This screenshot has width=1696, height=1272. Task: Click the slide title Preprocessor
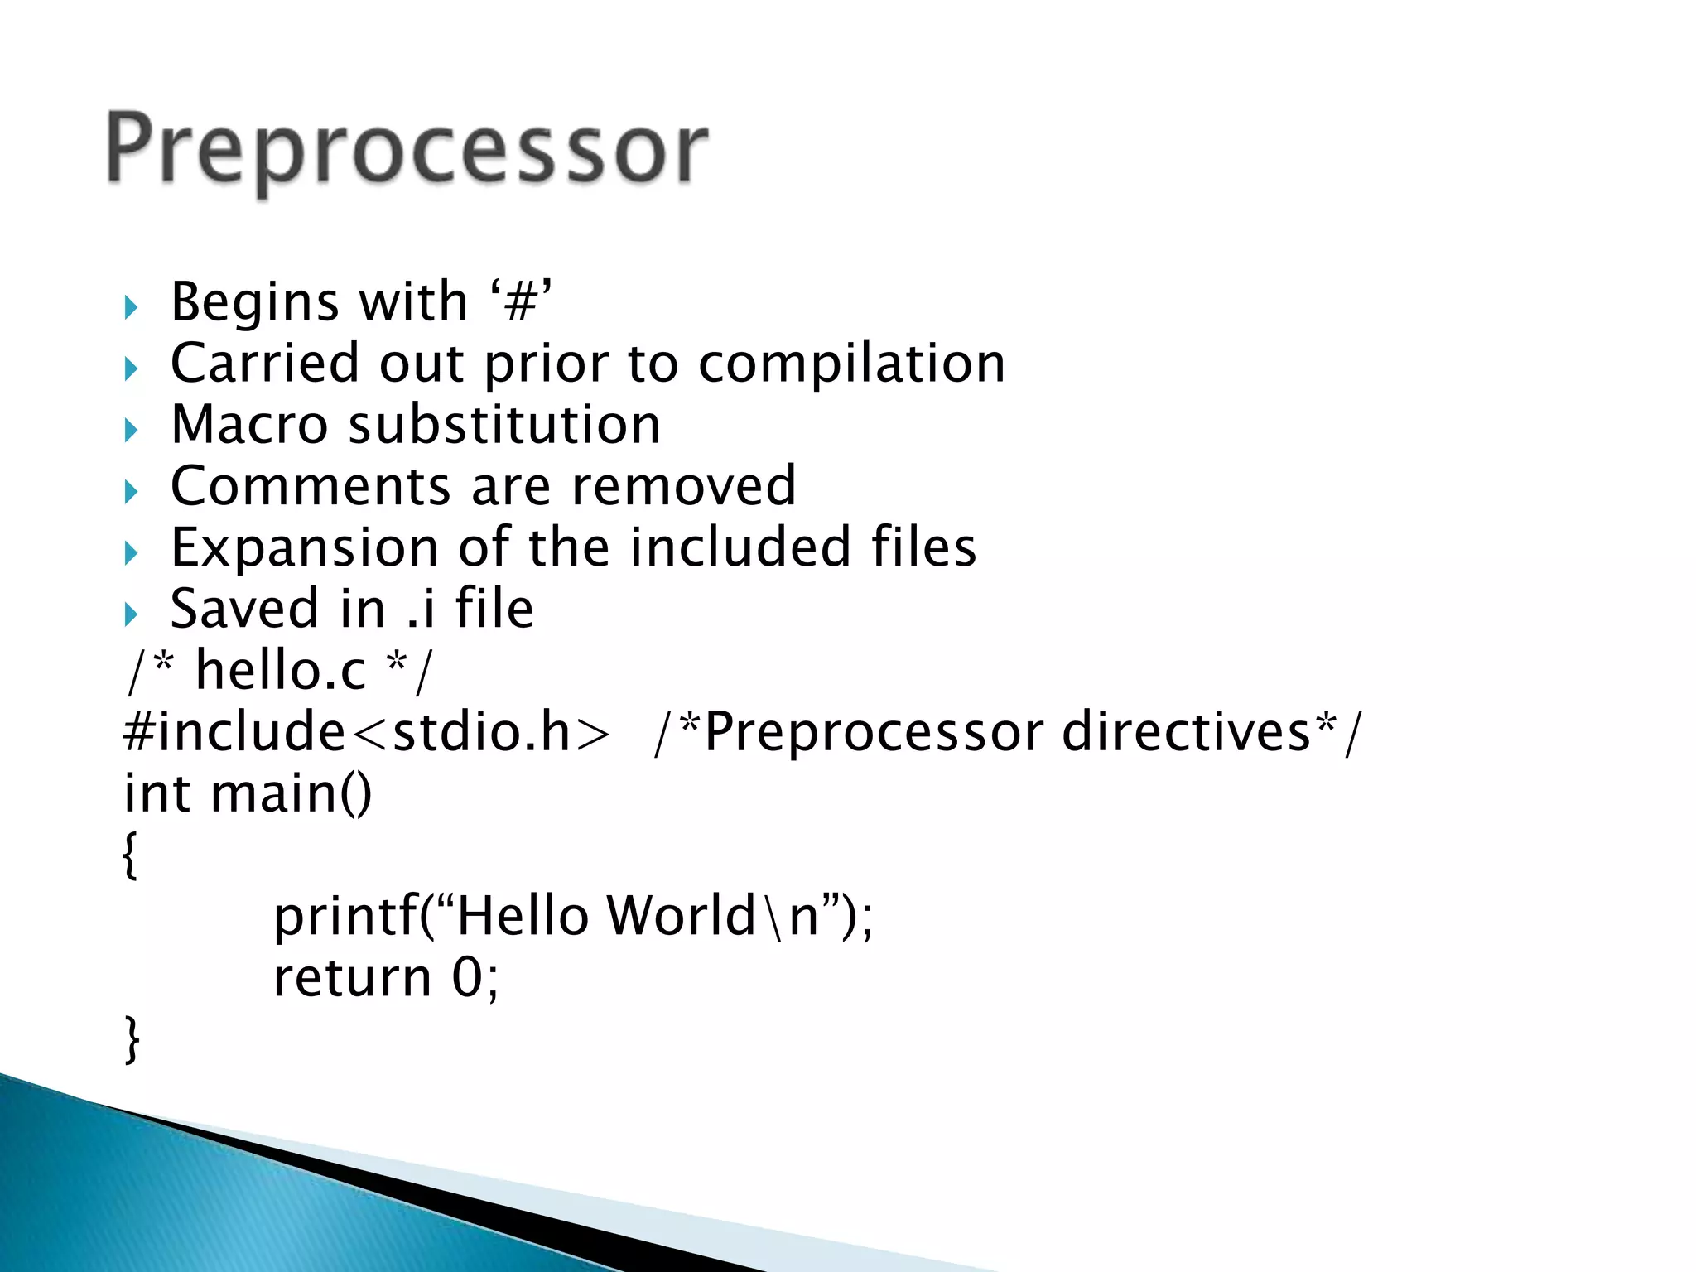point(407,150)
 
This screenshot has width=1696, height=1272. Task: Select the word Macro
point(249,425)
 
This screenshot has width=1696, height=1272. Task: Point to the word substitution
point(504,425)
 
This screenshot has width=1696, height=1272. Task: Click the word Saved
point(245,609)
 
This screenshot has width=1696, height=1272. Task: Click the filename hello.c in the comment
point(281,670)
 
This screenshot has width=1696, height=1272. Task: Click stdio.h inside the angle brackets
point(481,732)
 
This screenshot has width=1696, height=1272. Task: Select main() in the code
point(291,793)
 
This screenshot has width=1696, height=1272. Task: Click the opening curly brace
point(129,855)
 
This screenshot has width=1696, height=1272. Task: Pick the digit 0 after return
point(468,978)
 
